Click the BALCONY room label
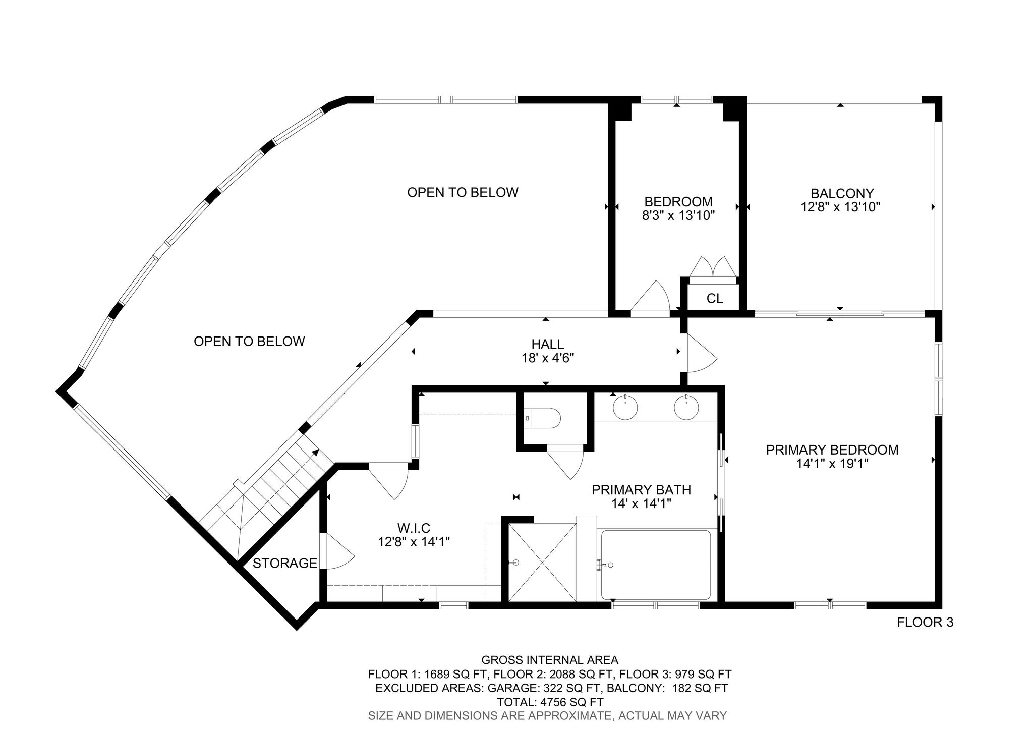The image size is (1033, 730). point(842,193)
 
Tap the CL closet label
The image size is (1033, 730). point(715,298)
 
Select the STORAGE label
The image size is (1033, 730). point(285,563)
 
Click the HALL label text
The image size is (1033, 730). point(547,344)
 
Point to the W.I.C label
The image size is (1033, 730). point(414,528)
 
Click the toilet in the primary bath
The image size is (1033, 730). point(543,418)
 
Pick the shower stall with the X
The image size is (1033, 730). point(542,563)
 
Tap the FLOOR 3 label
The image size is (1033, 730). point(925,623)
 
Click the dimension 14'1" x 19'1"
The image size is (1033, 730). point(832,463)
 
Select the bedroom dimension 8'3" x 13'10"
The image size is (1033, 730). point(678,215)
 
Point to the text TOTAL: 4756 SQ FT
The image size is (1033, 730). point(550,702)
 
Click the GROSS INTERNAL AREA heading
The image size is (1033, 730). point(550,660)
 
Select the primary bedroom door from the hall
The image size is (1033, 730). point(699,353)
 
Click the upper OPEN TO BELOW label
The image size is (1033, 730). point(463,192)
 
